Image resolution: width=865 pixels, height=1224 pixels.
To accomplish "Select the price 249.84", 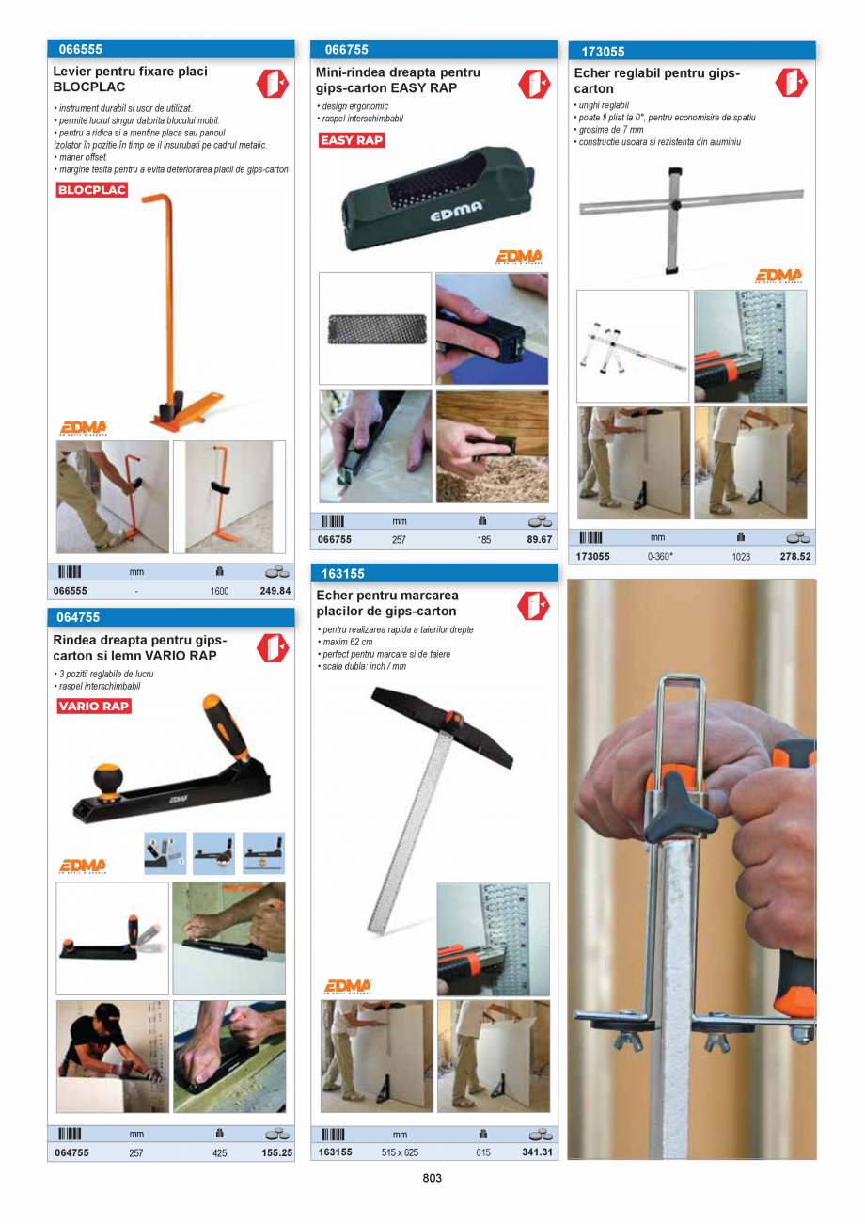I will tap(275, 591).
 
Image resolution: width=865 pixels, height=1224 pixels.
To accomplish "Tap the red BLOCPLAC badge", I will tap(91, 189).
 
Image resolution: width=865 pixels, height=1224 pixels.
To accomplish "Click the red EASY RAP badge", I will tap(352, 140).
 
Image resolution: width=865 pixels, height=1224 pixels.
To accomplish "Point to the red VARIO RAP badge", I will tap(94, 706).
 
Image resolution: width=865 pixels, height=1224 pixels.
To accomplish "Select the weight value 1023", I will tap(741, 556).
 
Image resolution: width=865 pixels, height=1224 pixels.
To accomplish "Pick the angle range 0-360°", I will tap(660, 556).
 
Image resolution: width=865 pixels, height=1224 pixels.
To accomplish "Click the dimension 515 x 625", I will tap(400, 1152).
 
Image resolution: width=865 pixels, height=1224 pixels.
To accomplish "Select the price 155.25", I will tap(276, 1152).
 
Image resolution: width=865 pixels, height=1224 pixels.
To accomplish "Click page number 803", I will tap(432, 1178).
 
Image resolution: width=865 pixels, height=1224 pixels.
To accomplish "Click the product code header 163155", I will tap(343, 573).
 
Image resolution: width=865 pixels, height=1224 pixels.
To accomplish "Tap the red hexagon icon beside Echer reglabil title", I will tap(791, 83).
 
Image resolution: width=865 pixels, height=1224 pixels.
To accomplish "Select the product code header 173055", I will tap(603, 51).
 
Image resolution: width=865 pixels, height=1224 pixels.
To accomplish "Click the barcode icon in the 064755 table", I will tap(70, 1134).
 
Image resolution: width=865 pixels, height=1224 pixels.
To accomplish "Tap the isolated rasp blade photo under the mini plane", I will tap(375, 328).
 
